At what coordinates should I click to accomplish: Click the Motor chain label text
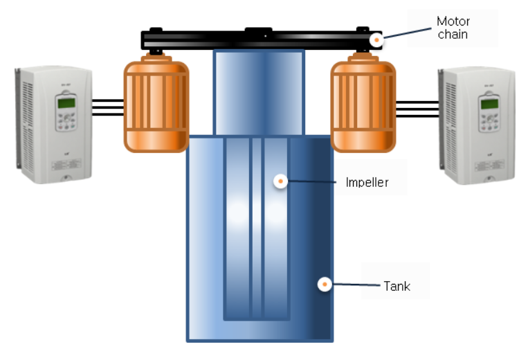tap(453, 28)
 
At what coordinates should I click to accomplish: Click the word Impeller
tap(367, 183)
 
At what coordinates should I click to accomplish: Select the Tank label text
tap(397, 285)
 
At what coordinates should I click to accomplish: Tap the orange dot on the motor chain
tap(376, 39)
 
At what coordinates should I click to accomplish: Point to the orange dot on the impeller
tap(280, 181)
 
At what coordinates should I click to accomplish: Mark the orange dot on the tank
tap(322, 284)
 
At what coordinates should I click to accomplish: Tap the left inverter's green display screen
tap(66, 102)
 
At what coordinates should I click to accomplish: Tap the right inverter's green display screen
tap(489, 104)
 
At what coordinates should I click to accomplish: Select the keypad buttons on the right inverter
tap(489, 124)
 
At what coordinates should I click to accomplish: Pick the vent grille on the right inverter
tap(450, 125)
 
